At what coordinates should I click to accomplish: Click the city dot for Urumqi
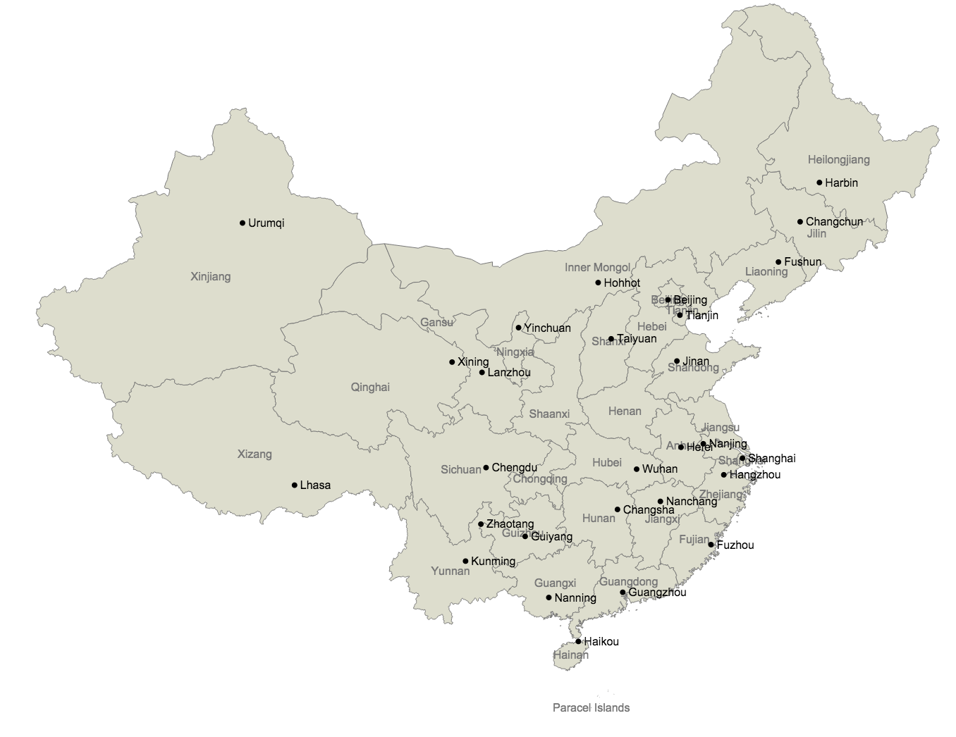click(243, 223)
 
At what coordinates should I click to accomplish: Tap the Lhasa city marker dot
click(295, 485)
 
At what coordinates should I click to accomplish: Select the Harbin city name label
click(842, 183)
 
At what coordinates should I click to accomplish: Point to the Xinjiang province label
click(210, 277)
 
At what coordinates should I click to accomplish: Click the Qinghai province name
click(370, 387)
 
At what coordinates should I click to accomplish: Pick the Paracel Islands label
click(591, 707)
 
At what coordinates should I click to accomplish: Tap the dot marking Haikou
click(578, 641)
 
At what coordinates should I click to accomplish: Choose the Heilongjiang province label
click(839, 160)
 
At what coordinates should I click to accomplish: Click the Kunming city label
click(494, 562)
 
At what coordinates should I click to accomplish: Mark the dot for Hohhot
click(598, 283)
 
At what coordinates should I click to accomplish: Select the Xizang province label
click(255, 454)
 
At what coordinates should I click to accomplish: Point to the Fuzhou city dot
click(711, 545)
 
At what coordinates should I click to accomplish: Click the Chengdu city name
click(515, 468)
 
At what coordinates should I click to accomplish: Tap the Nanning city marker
click(549, 597)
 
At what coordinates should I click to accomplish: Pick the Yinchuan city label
click(548, 328)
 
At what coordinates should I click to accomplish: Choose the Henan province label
click(625, 411)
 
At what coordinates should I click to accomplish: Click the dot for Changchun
click(800, 222)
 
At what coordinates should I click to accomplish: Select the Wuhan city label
click(660, 469)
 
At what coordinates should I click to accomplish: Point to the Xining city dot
click(452, 362)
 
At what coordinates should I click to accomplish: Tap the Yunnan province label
click(450, 571)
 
